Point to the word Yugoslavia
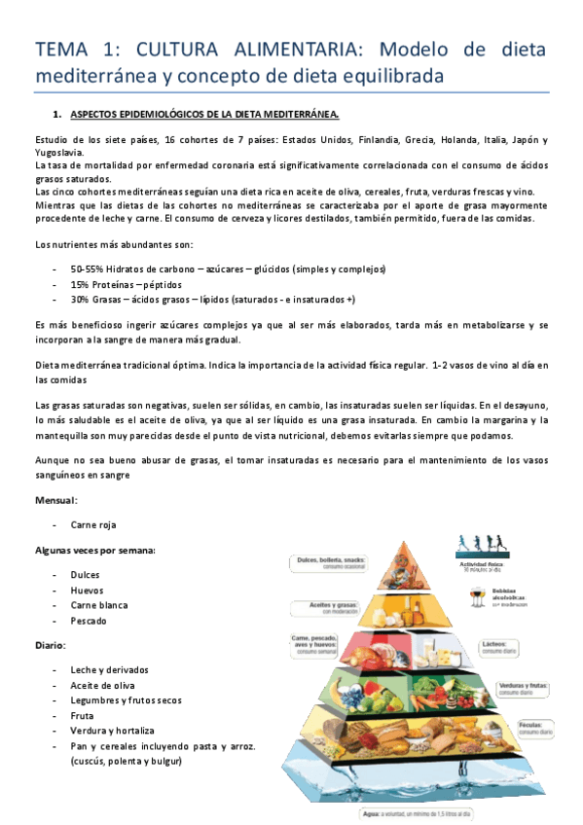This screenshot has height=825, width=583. click(58, 152)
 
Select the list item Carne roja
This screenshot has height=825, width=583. click(93, 524)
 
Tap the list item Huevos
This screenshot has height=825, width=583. click(87, 590)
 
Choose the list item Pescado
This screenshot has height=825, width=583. click(88, 620)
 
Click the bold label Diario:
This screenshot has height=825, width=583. click(50, 644)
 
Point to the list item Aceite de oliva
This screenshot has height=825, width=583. click(103, 685)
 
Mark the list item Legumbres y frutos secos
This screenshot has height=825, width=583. click(127, 699)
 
